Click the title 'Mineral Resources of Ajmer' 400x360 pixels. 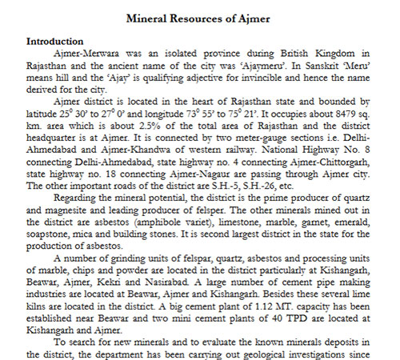199,15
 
